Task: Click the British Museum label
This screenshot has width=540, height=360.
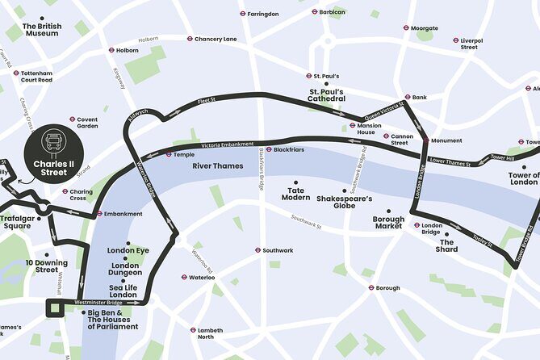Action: [42, 30]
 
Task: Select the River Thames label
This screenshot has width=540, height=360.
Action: [217, 165]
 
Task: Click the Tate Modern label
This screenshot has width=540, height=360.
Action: [295, 194]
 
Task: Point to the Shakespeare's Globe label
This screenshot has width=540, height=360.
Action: [345, 202]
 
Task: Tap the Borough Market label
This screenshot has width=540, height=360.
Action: [387, 223]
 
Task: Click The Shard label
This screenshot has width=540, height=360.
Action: [447, 245]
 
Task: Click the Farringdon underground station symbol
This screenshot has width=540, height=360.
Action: [243, 14]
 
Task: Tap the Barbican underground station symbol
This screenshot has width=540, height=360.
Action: [315, 12]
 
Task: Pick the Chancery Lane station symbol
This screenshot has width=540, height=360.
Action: [190, 39]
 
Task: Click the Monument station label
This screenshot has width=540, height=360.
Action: [446, 140]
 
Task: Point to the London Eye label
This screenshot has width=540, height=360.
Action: [128, 250]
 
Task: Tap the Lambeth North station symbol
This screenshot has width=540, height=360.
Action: [193, 329]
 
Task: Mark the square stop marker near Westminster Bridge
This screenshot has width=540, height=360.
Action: [55, 308]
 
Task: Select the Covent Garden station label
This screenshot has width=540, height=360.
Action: [87, 122]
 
